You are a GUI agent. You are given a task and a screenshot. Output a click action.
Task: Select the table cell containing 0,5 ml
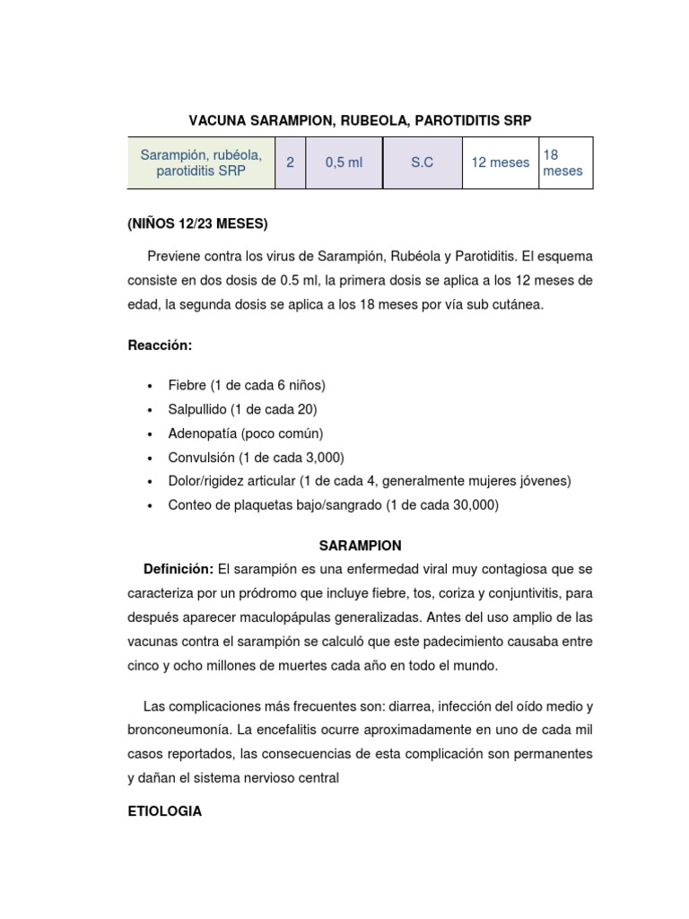tap(344, 162)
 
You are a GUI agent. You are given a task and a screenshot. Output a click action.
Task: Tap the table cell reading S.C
tap(422, 162)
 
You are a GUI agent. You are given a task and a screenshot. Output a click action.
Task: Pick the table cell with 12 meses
tap(500, 162)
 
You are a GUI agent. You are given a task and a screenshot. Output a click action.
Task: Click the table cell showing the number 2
tap(290, 162)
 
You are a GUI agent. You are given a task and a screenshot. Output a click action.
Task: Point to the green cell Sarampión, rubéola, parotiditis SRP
tap(201, 162)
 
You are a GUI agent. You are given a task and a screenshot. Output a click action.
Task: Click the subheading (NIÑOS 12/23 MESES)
tap(197, 223)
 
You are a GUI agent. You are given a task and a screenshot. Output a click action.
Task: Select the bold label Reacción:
tap(160, 346)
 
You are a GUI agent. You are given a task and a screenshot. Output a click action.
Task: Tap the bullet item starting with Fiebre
tap(246, 385)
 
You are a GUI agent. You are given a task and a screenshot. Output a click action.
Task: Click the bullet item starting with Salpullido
tap(242, 409)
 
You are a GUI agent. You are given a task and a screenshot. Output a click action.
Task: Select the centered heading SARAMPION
tap(361, 545)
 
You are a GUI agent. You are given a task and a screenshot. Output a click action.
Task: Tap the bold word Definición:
tap(179, 569)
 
